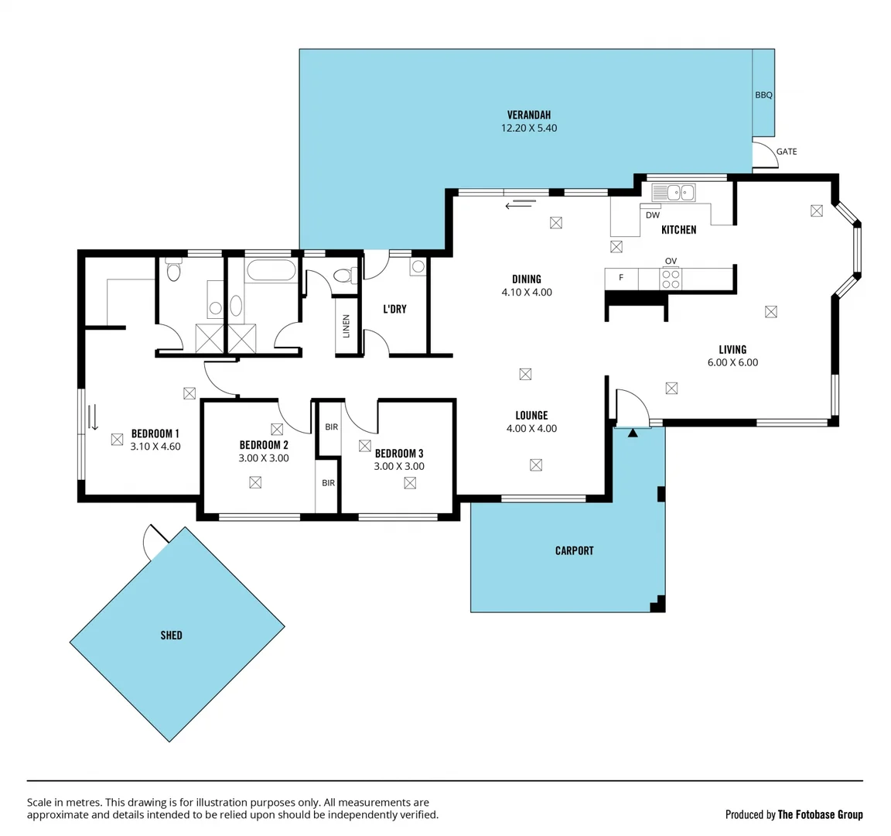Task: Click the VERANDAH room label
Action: tap(529, 115)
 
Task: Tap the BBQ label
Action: tap(763, 95)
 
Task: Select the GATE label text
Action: tap(786, 152)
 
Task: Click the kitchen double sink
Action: tap(674, 192)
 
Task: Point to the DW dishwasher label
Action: tap(652, 215)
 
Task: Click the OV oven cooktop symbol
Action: tap(671, 278)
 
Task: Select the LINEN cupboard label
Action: tap(346, 326)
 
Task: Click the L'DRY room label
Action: tap(394, 309)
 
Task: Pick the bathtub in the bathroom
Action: tap(270, 271)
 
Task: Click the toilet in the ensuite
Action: tap(174, 272)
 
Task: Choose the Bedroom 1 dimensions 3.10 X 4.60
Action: tap(155, 447)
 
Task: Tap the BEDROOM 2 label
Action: tap(264, 445)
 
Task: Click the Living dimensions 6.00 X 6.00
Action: tap(732, 362)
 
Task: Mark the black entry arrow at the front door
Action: tap(633, 433)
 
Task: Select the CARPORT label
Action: tap(574, 550)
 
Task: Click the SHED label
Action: tap(171, 635)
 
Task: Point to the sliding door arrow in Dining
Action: tap(521, 204)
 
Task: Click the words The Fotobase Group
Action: tap(820, 814)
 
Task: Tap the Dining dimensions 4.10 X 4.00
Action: tap(527, 293)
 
